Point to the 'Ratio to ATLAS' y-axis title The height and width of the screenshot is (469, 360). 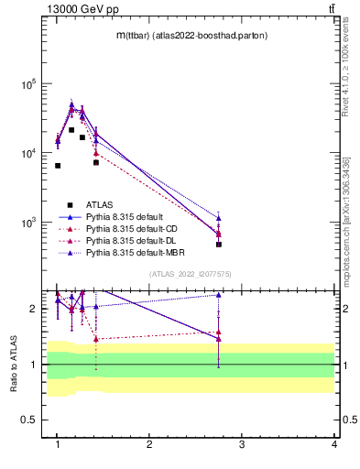14,364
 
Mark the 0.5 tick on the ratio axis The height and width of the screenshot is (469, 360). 29,420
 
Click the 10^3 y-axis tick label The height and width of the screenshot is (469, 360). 27,223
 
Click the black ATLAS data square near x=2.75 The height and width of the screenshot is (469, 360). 219,245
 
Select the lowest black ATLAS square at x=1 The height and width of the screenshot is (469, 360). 58,166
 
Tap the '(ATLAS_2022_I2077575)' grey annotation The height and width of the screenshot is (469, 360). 190,274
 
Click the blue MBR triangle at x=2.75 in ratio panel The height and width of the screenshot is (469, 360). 219,295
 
